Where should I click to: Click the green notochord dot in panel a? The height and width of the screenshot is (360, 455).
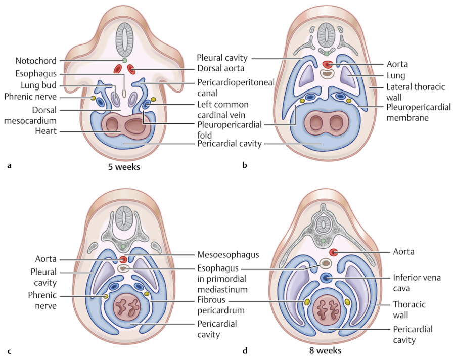tap(124, 61)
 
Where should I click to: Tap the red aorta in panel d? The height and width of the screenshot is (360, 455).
tap(334, 252)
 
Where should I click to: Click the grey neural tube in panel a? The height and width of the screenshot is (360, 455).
tap(124, 38)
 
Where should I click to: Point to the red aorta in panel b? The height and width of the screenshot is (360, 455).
tap(327, 64)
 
